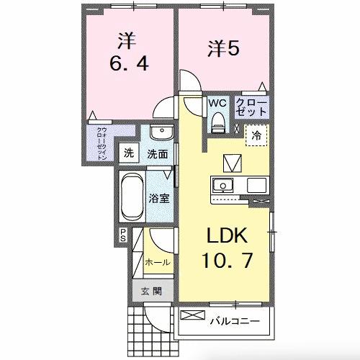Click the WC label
click(x=217, y=103)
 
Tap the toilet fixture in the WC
click(x=218, y=122)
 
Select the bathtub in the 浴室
click(x=131, y=197)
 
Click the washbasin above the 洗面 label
click(x=162, y=132)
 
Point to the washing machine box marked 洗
click(x=129, y=153)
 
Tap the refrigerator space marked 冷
click(x=256, y=135)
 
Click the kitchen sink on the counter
click(x=222, y=185)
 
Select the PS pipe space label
click(x=123, y=235)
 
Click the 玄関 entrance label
click(x=151, y=292)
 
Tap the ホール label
click(x=158, y=262)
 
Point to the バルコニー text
click(x=235, y=321)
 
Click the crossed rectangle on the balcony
click(x=193, y=315)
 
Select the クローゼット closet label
click(x=251, y=107)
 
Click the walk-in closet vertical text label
click(x=102, y=143)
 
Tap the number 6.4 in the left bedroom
click(x=129, y=63)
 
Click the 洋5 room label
click(x=223, y=49)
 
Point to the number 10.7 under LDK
click(x=227, y=261)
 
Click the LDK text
click(x=227, y=235)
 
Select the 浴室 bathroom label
click(x=159, y=199)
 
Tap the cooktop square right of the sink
click(x=256, y=185)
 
